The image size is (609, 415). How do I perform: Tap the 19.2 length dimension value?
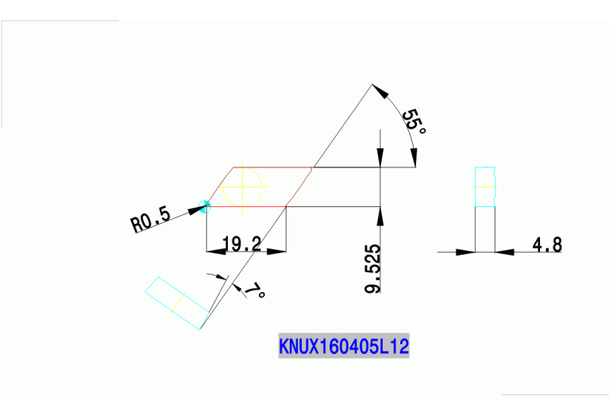pyautogui.click(x=242, y=244)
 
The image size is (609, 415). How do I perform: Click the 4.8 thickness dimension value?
pyautogui.click(x=547, y=244)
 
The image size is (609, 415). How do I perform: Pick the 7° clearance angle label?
pyautogui.click(x=255, y=290)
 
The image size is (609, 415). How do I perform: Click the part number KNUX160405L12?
pyautogui.click(x=344, y=347)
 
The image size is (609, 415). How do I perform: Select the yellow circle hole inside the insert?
pyautogui.click(x=242, y=187)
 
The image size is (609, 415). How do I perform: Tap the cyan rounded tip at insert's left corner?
pyautogui.click(x=206, y=206)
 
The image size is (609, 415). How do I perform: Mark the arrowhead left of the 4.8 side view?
pyautogui.click(x=466, y=252)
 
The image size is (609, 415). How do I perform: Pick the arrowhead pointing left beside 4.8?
pyautogui.click(x=504, y=252)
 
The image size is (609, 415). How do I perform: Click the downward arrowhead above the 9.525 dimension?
pyautogui.click(x=382, y=158)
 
